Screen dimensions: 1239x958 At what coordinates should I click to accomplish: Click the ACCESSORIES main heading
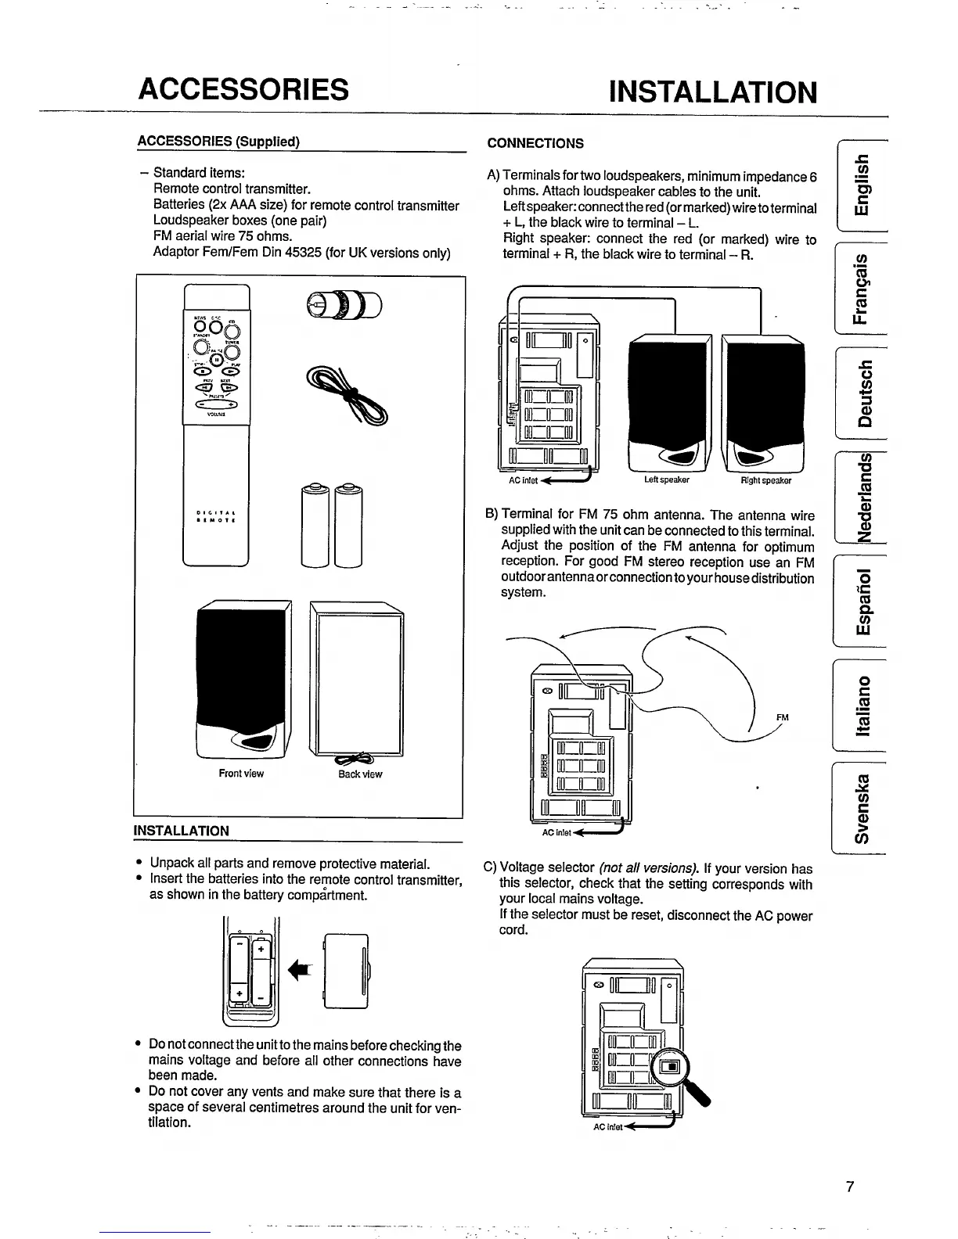click(x=243, y=89)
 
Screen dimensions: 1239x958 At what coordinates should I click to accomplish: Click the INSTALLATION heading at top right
click(x=712, y=92)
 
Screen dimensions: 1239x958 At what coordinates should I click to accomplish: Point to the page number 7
click(x=850, y=1187)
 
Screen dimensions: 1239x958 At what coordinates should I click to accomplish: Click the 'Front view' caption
click(x=241, y=774)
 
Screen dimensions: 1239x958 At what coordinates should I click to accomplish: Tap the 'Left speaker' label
click(x=667, y=480)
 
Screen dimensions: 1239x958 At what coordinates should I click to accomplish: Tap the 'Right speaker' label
click(x=765, y=480)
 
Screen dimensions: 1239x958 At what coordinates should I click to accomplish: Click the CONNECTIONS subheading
click(x=535, y=143)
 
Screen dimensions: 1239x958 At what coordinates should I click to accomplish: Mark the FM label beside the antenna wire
click(x=782, y=716)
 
